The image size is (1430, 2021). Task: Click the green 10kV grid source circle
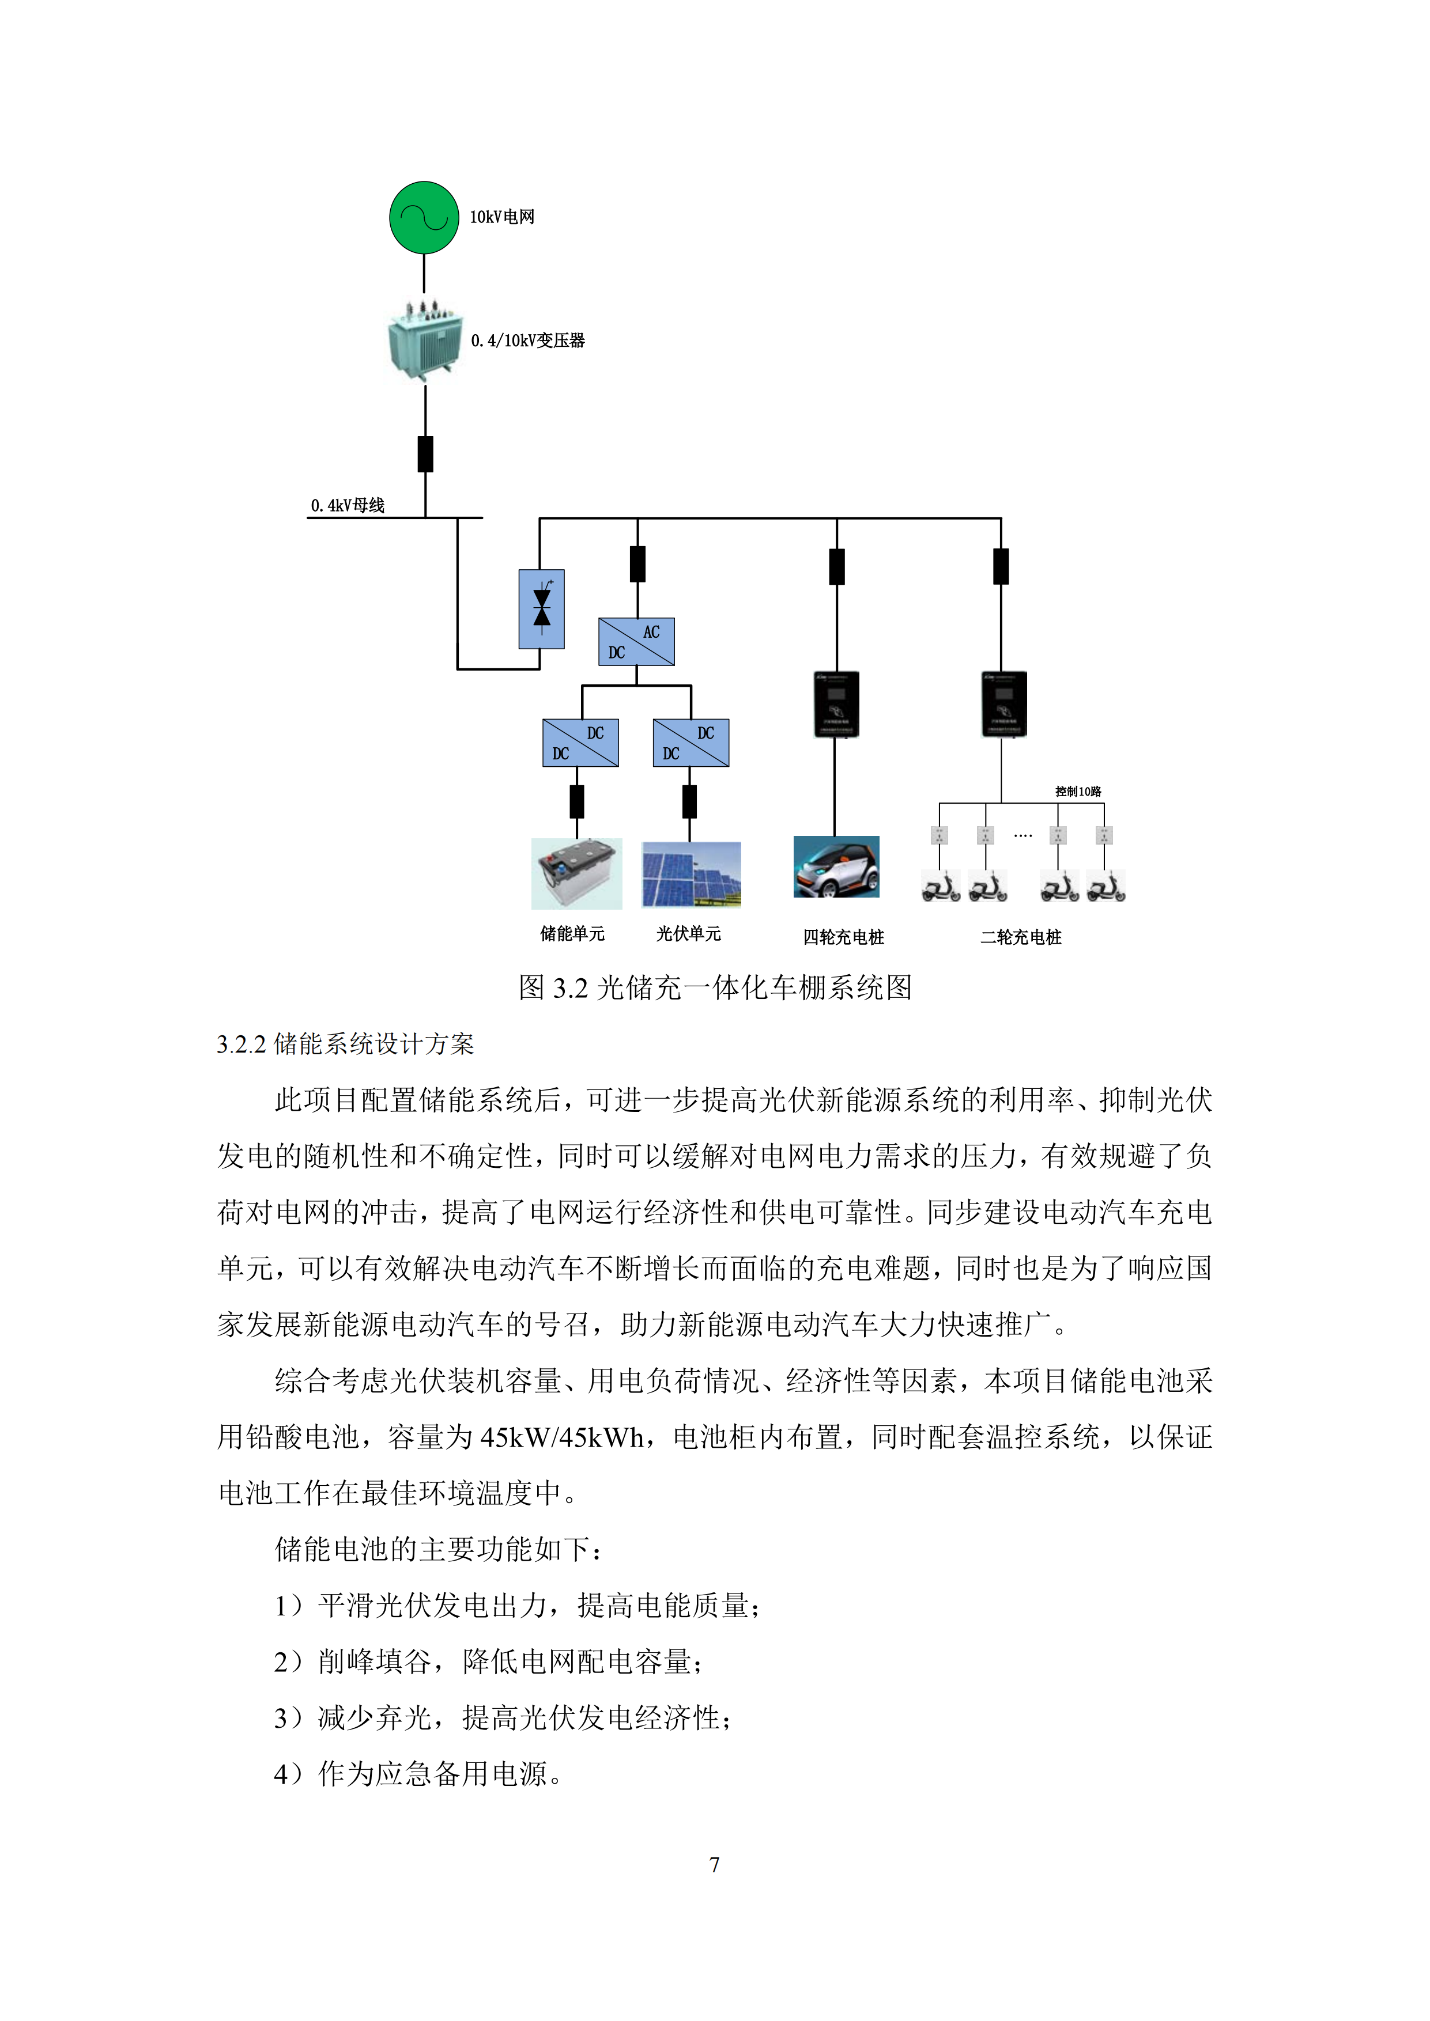424,217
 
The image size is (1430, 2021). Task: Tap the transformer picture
424,342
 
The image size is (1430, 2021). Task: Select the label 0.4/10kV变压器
527,340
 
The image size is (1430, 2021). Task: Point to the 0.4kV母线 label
348,505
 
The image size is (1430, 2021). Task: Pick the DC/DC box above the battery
580,743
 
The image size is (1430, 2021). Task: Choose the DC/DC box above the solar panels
691,743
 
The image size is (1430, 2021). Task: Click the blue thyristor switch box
542,609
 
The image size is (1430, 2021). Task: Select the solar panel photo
691,874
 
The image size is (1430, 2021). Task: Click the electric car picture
836,867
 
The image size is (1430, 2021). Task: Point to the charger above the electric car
836,704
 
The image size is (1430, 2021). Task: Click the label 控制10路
1078,792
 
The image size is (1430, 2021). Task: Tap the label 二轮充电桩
1021,937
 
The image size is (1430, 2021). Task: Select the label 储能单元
572,934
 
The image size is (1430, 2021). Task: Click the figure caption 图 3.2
714,987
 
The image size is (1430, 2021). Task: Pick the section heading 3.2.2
345,1045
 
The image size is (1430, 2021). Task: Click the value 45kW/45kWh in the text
562,1437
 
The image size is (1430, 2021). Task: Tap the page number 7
714,1864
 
